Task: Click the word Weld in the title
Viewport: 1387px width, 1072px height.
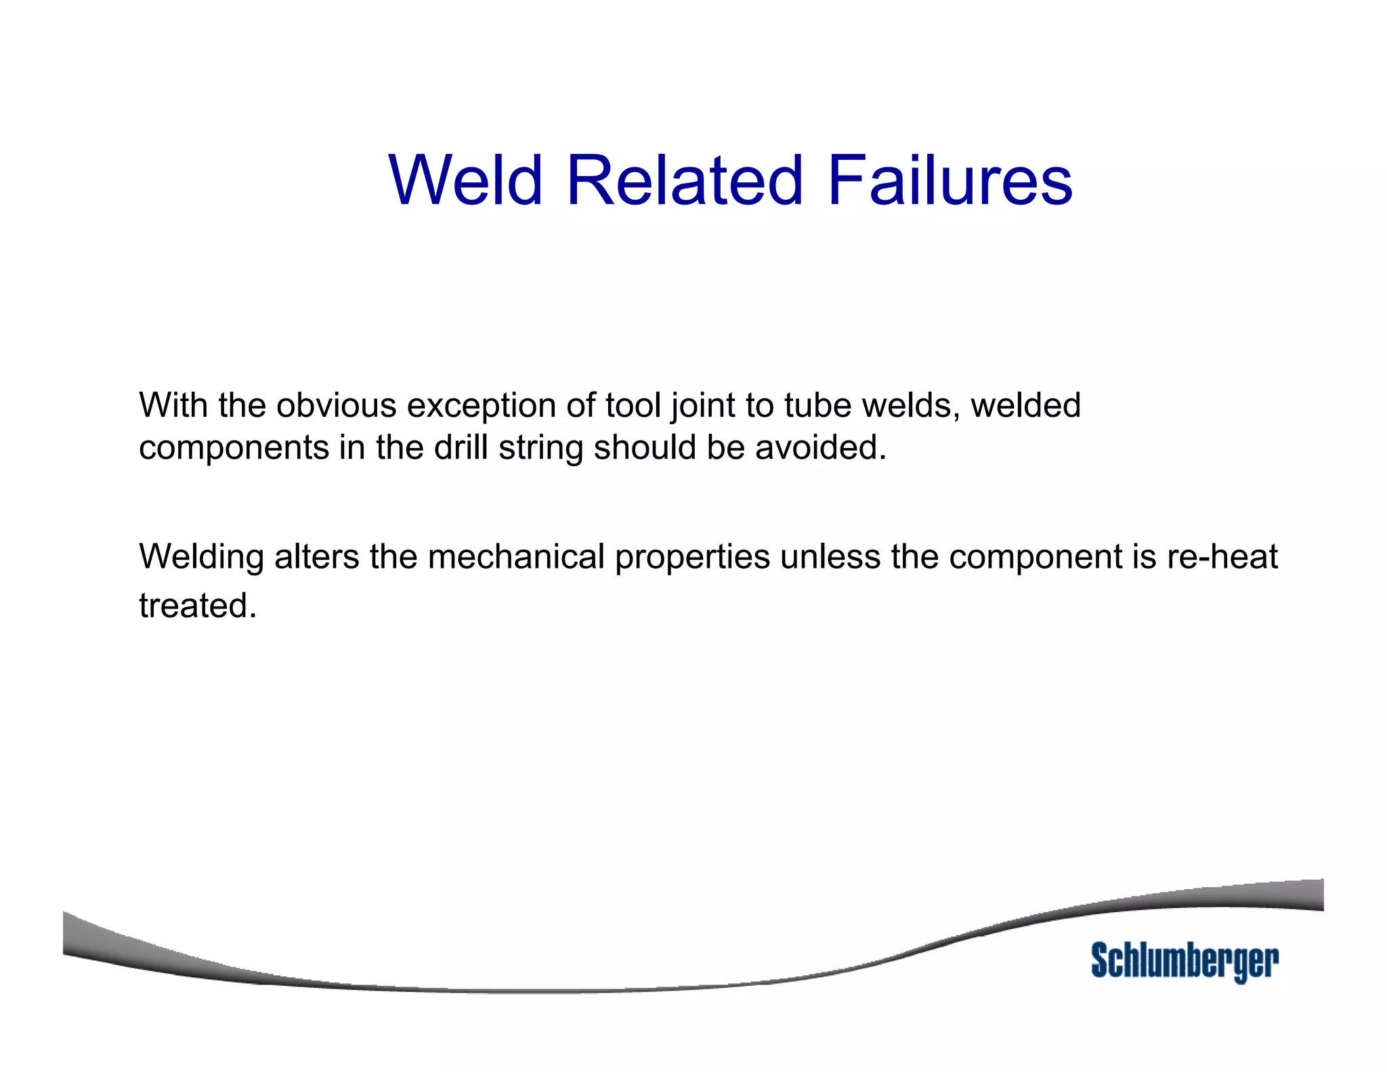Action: tap(466, 180)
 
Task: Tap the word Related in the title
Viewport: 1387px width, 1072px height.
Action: tap(684, 180)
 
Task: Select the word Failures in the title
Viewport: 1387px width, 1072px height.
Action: tap(949, 180)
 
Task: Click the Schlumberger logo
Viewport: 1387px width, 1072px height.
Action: tap(1185, 961)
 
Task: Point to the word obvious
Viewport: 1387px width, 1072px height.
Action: tap(336, 406)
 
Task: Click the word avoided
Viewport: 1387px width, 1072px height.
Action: tap(820, 448)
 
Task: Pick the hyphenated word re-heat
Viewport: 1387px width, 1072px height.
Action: tap(1222, 557)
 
